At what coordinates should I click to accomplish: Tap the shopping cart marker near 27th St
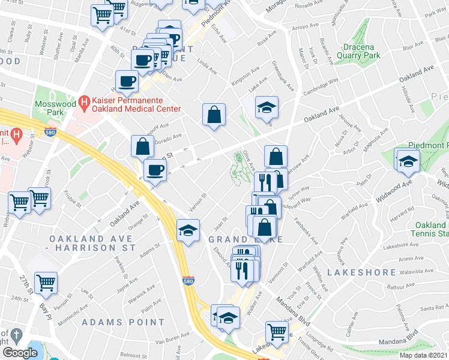point(46,282)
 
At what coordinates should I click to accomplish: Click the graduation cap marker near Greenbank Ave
point(267,107)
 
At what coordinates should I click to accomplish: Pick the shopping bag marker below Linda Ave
point(214,113)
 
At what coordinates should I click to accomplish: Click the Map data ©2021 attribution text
point(423,355)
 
